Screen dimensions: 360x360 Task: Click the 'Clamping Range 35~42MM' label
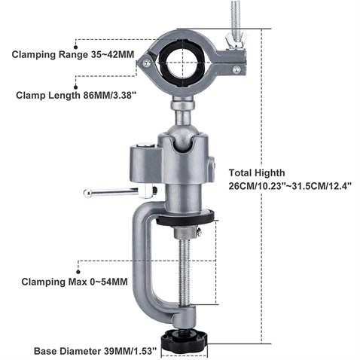coord(73,54)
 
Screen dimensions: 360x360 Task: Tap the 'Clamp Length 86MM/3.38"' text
coord(76,96)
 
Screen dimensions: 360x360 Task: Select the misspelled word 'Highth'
coord(270,173)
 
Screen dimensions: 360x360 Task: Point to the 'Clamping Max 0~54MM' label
coord(75,282)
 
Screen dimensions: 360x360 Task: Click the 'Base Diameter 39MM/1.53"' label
coord(96,351)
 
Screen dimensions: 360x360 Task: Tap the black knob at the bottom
coord(185,340)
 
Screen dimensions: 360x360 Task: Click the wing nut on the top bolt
coord(236,40)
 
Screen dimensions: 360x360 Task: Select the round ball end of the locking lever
coord(87,194)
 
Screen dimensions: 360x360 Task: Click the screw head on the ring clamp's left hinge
coord(147,63)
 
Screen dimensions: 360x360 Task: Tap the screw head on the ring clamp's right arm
coord(236,69)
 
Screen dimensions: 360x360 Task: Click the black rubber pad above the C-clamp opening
coord(185,217)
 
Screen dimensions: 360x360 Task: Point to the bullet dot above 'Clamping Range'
coord(75,47)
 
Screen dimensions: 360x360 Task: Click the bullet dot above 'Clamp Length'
coord(75,87)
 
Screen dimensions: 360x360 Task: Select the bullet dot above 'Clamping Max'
coord(78,272)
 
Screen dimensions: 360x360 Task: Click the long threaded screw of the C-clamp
coord(185,273)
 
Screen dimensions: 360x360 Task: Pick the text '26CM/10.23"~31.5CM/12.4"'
coord(290,186)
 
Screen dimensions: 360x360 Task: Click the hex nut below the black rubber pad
coord(186,232)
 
